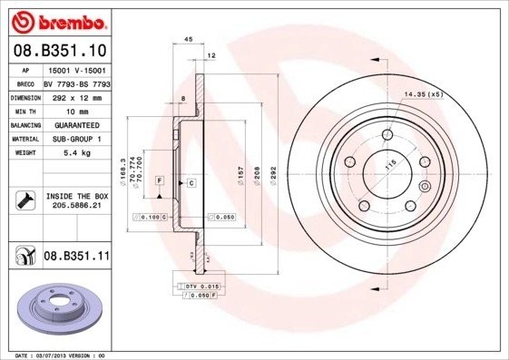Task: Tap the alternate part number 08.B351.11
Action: click(76, 258)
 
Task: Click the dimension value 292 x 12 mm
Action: click(76, 95)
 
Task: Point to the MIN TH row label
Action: click(24, 110)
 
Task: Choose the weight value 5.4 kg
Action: click(76, 153)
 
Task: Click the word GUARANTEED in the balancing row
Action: click(76, 124)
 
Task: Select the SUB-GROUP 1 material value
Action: click(76, 139)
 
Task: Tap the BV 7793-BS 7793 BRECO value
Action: click(76, 82)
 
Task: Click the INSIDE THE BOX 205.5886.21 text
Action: click(76, 200)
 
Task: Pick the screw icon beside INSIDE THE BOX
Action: click(24, 200)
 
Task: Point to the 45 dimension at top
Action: click(189, 40)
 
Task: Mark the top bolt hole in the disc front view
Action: click(388, 134)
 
